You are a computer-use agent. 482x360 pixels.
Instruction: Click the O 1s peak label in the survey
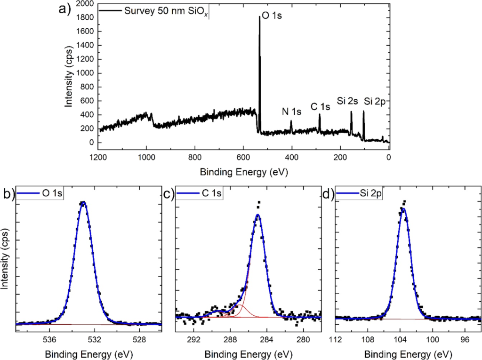pyautogui.click(x=272, y=16)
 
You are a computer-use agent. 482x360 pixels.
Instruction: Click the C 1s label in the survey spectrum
pyautogui.click(x=320, y=107)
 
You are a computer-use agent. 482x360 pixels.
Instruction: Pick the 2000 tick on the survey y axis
pyautogui.click(x=86, y=4)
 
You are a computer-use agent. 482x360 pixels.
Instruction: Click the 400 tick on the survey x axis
pyautogui.click(x=292, y=157)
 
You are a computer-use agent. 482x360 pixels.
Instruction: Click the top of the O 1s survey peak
pyautogui.click(x=259, y=17)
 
